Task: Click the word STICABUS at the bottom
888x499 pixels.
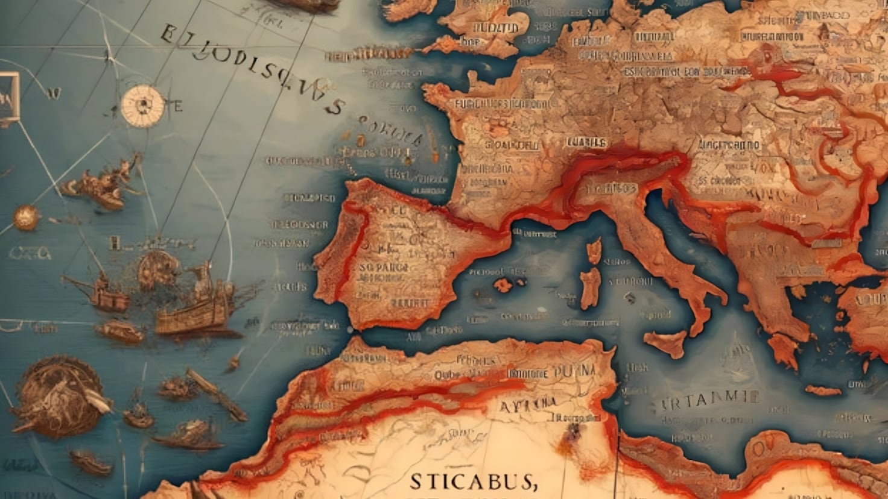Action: [473, 482]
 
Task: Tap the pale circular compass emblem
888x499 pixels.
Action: [143, 105]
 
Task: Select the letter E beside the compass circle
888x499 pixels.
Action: [178, 107]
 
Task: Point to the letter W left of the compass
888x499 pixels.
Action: [53, 93]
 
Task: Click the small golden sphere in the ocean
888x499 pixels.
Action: [25, 217]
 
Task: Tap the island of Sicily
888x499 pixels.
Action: [665, 344]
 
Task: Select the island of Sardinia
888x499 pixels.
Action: [590, 287]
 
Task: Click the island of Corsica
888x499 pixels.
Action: [594, 251]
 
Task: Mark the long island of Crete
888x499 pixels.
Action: [823, 391]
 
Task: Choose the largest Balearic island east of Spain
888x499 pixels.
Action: [501, 284]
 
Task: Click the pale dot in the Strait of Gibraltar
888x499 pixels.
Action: [349, 330]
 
